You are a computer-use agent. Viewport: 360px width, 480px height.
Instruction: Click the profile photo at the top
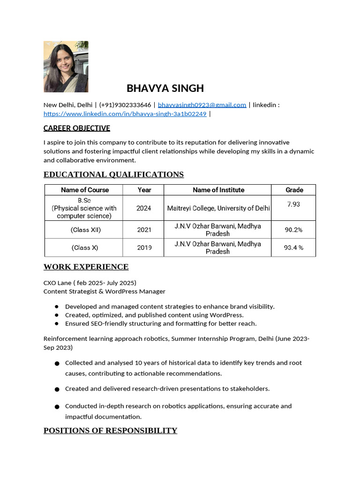pos(66,67)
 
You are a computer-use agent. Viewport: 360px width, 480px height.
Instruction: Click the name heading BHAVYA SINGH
pos(165,88)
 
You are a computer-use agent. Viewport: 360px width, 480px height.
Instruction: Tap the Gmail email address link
pos(202,105)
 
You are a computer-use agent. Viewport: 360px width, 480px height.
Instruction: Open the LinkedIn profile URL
pos(125,114)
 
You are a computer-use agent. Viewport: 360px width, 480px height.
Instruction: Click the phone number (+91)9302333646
pos(125,105)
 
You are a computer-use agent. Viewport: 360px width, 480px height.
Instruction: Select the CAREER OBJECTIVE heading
pos(77,128)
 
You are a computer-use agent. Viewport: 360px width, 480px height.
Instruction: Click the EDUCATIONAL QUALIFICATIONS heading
pos(113,174)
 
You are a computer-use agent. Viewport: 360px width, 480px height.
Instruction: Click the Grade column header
pos(294,190)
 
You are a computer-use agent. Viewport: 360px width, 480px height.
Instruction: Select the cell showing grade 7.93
pos(293,204)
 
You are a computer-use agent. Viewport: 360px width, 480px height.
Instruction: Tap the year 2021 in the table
pos(144,230)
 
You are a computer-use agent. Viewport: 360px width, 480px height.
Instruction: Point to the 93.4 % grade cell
pos(293,247)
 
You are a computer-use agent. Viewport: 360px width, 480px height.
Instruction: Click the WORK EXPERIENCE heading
pos(86,267)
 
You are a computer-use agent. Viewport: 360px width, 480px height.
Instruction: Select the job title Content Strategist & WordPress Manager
pos(105,292)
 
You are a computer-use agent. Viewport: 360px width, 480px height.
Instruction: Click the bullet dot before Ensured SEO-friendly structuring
pos(56,323)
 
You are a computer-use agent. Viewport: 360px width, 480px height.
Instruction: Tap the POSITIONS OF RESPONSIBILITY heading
pos(110,430)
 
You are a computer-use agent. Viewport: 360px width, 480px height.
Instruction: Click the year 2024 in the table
pos(144,208)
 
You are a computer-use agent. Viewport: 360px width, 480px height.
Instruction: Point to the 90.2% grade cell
pos(293,230)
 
